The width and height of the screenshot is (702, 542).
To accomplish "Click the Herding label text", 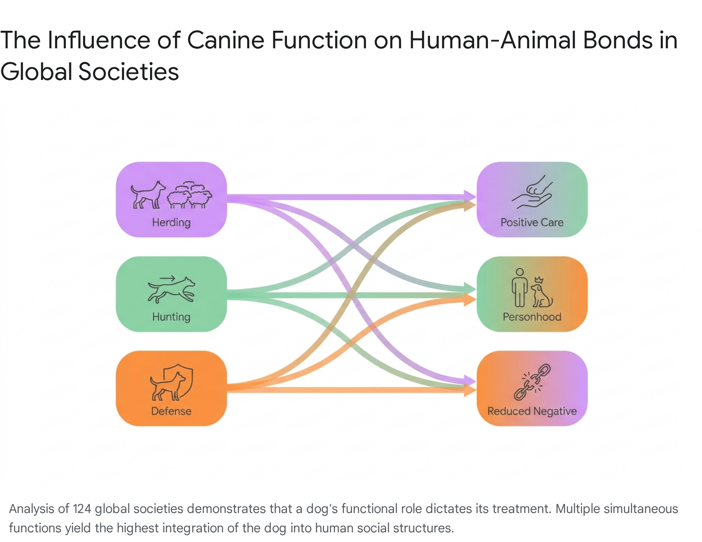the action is coord(171,223).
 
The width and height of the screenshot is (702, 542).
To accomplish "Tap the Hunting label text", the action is coord(171,317).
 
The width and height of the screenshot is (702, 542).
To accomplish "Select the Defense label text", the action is coord(171,411).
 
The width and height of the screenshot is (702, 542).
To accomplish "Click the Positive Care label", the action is coord(532,223).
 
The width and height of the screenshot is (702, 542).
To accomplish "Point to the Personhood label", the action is coord(532,317).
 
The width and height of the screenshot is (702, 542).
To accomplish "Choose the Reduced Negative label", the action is coord(532,411).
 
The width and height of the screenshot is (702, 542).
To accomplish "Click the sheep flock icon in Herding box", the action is coord(190,195).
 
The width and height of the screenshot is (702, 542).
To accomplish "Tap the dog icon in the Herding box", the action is coord(148,195).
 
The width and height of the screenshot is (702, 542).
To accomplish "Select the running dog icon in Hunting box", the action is coord(172,290).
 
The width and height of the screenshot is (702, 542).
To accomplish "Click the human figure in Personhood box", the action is coord(519,287).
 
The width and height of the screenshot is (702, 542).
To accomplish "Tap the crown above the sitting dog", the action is coord(539,280).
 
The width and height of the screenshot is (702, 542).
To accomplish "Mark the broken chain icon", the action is coord(532,382).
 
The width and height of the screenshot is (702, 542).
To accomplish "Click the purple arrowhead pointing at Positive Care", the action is coord(470,196).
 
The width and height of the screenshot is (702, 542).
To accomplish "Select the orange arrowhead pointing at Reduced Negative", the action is coord(470,390).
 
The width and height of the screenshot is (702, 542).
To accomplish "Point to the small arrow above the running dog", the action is coord(167,278).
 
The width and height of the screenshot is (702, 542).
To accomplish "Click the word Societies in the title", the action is coord(129,72).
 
